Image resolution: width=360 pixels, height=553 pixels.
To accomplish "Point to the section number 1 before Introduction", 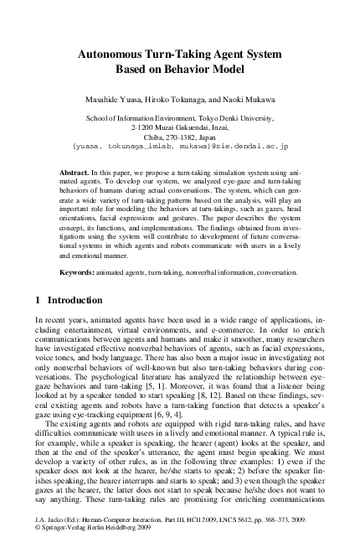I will tap(38, 300).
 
